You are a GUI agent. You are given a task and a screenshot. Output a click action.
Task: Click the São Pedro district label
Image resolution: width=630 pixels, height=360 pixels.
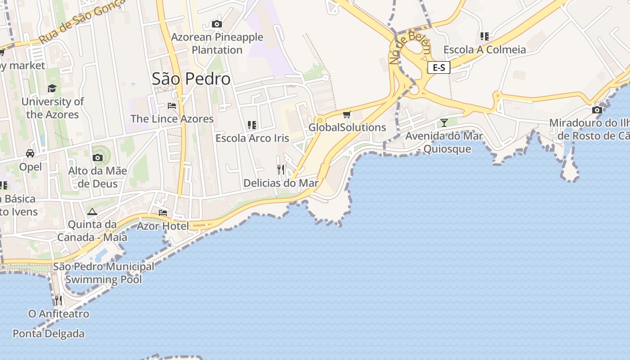(x=191, y=79)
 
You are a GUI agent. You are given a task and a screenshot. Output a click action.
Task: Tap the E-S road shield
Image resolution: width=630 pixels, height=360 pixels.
(x=439, y=68)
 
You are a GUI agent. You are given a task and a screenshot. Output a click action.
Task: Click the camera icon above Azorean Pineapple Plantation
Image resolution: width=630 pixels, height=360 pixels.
(x=217, y=24)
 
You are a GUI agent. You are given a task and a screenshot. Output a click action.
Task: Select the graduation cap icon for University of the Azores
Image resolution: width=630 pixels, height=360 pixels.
(x=52, y=88)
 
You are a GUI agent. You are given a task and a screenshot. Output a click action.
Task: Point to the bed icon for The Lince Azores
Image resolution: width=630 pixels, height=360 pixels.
(x=172, y=106)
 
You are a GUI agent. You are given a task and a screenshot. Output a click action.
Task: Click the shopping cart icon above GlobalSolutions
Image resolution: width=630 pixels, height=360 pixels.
(x=346, y=115)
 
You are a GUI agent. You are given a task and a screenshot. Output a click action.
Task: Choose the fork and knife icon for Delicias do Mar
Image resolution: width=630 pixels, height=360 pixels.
(x=281, y=170)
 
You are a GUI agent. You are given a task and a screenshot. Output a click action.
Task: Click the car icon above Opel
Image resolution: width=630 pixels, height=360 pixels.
(x=30, y=153)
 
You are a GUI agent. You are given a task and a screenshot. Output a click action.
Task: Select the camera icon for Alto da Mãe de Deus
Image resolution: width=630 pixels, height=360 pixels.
(x=98, y=157)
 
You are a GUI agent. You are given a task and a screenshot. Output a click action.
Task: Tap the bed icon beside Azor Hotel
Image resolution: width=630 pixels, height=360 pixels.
(x=163, y=212)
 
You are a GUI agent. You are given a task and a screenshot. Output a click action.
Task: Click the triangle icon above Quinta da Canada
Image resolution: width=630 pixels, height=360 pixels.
(x=92, y=211)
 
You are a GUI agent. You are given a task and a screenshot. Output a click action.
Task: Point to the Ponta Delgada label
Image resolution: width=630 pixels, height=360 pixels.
(x=49, y=334)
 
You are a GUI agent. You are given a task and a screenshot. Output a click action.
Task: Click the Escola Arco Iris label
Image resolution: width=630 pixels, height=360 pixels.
(x=252, y=138)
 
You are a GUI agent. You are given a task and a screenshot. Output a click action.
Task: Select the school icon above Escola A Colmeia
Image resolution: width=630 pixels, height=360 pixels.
(x=485, y=36)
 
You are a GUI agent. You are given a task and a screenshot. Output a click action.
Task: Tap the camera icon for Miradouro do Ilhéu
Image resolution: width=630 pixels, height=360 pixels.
(x=597, y=110)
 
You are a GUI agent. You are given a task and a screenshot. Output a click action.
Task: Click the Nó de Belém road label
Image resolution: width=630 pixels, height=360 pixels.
(x=409, y=49)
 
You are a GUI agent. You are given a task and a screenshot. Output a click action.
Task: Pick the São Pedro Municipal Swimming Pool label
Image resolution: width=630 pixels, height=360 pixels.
(x=104, y=273)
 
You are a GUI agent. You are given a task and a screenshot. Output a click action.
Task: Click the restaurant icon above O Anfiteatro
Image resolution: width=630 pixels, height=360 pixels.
(x=58, y=300)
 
